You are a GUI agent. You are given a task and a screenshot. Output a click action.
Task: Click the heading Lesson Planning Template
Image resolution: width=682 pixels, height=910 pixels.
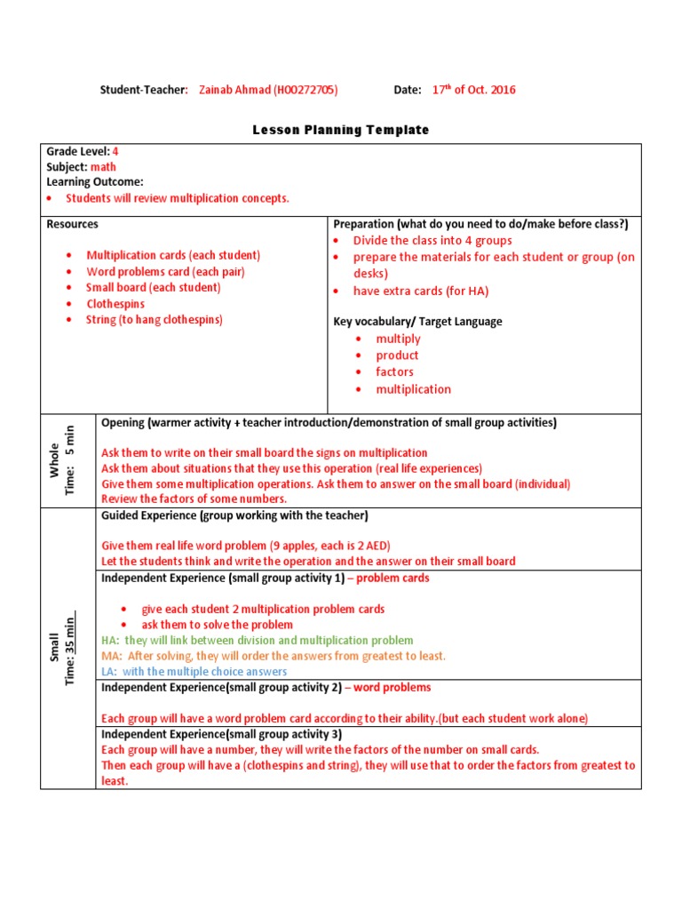341,130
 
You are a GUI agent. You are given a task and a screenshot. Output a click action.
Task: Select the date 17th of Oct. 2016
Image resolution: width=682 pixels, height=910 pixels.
473,90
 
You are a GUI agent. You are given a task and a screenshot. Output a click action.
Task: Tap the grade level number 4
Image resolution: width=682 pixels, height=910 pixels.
115,152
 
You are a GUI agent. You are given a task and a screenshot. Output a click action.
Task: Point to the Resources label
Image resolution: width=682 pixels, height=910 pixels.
72,224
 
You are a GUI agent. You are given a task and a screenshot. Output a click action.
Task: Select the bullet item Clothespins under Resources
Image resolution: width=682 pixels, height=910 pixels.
115,304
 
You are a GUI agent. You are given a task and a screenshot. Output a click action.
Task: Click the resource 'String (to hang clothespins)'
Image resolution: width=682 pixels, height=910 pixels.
154,320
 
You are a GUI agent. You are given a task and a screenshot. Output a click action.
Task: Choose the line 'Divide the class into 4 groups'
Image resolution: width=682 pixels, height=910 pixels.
432,240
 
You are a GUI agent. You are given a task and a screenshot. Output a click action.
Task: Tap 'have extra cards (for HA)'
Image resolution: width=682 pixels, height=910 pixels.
421,291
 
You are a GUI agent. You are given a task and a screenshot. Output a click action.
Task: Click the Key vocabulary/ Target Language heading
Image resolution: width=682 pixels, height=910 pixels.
417,322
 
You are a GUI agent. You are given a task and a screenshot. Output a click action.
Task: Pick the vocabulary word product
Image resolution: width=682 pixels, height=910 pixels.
397,355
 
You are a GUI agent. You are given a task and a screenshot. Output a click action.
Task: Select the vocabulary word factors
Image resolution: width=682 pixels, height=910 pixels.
394,372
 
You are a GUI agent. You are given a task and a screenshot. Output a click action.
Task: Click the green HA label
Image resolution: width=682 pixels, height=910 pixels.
109,641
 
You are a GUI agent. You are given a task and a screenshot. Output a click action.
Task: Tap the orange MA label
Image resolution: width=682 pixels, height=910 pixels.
111,656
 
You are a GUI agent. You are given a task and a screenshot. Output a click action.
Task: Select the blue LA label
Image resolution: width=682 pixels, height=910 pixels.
109,672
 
